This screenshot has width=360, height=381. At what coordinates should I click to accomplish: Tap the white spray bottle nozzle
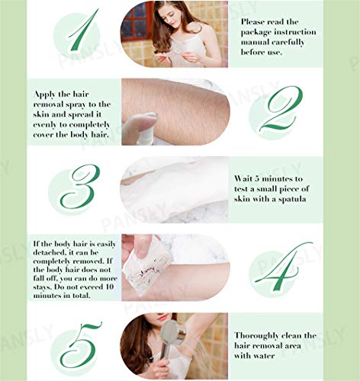(x=141, y=123)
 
